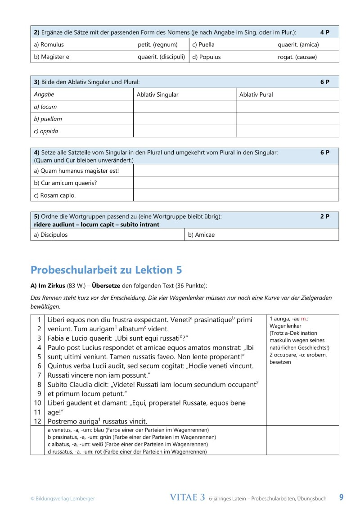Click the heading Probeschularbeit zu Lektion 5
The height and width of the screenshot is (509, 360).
pyautogui.click(x=106, y=270)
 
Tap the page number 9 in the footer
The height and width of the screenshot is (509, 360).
pyautogui.click(x=341, y=497)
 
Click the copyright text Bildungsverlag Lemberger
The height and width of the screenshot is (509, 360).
pyautogui.click(x=63, y=498)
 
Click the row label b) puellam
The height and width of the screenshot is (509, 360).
pyautogui.click(x=48, y=119)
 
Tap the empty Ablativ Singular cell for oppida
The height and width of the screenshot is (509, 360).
pyautogui.click(x=184, y=131)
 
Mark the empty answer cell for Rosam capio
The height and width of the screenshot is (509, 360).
pyautogui.click(x=236, y=195)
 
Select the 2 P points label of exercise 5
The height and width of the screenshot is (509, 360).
pyautogui.click(x=325, y=216)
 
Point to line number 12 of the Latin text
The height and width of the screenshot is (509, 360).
pyautogui.click(x=38, y=421)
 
